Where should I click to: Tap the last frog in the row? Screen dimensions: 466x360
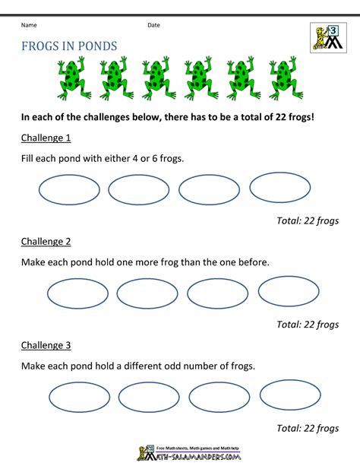[283, 78]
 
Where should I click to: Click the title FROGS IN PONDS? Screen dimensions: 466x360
[70, 46]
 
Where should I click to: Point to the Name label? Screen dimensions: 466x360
[30, 25]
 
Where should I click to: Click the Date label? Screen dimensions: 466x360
[154, 25]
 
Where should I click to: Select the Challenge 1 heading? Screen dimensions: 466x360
[46, 138]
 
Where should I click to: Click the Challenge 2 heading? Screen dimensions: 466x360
[46, 241]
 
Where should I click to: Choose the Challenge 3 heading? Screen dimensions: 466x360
[46, 344]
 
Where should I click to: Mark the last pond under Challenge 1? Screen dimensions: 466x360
[280, 189]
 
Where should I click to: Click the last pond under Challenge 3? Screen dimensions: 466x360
[290, 395]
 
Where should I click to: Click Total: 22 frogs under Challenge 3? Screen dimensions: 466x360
[308, 428]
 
